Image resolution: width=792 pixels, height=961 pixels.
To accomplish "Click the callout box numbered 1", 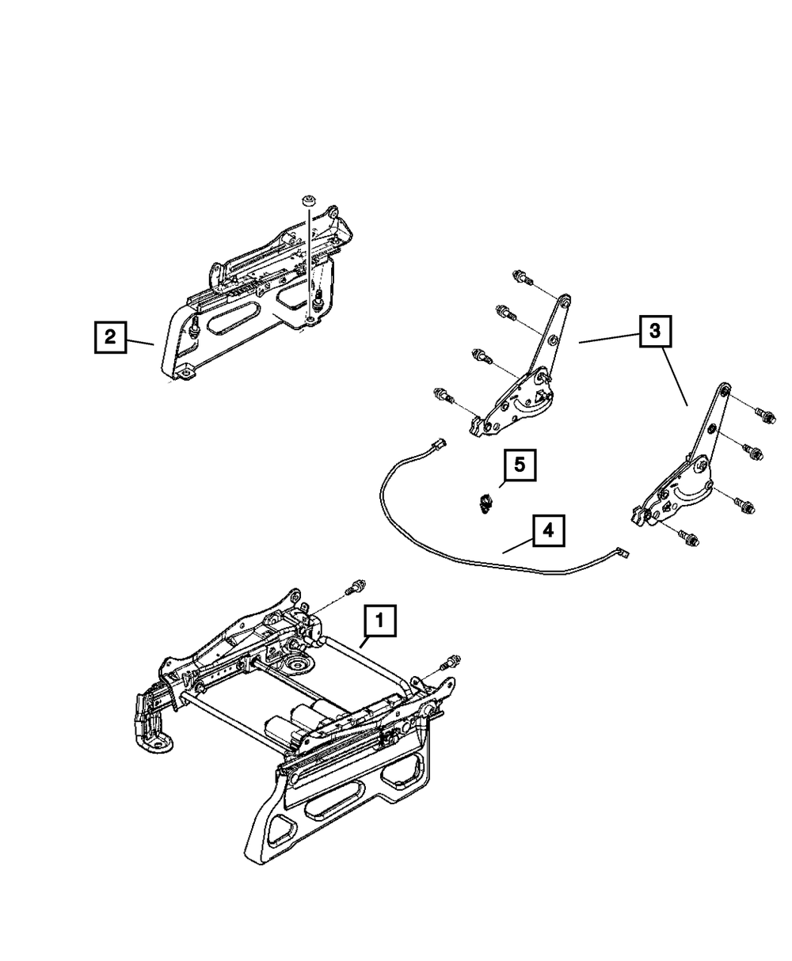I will pyautogui.click(x=379, y=622).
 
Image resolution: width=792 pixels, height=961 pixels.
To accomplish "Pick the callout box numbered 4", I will pyautogui.click(x=548, y=530).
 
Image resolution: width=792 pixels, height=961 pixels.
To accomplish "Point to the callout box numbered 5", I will pyautogui.click(x=519, y=465).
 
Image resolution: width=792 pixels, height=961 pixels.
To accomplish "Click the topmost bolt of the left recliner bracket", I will pyautogui.click(x=522, y=277).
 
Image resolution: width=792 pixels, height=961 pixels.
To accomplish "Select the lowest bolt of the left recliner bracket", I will pyautogui.click(x=441, y=393).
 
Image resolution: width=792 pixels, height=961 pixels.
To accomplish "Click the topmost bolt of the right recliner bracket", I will pyautogui.click(x=764, y=413).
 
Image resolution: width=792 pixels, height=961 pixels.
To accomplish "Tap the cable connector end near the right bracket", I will pyautogui.click(x=622, y=554).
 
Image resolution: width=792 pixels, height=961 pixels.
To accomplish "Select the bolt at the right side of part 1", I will pyautogui.click(x=451, y=661).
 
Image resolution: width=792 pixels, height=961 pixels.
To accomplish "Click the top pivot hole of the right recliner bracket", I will pyautogui.click(x=723, y=389).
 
